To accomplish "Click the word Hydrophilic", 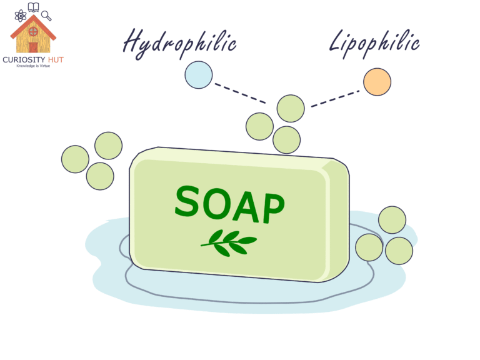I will click(179, 42).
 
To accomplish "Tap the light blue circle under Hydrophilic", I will click(199, 74).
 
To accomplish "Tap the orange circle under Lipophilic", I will click(377, 82).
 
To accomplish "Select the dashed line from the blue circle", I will click(240, 92).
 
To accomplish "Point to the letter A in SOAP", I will click(245, 206).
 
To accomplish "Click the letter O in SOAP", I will click(217, 203).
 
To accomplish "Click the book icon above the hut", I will click(33, 7).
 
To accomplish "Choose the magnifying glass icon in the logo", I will click(46, 16).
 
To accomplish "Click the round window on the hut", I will click(33, 31).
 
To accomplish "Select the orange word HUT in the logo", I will click(55, 59).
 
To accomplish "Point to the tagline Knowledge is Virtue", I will click(33, 66).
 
